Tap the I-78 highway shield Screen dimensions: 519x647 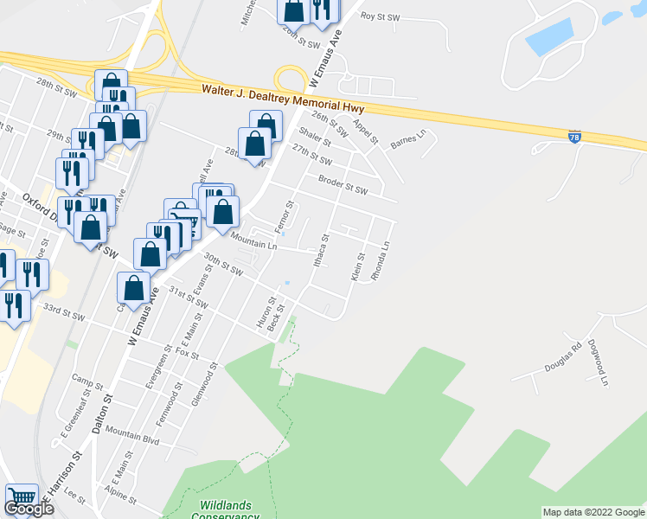(x=575, y=137)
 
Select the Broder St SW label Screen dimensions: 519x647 (x=343, y=185)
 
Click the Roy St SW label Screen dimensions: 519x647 (x=381, y=16)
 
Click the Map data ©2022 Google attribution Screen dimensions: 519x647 (x=593, y=512)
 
